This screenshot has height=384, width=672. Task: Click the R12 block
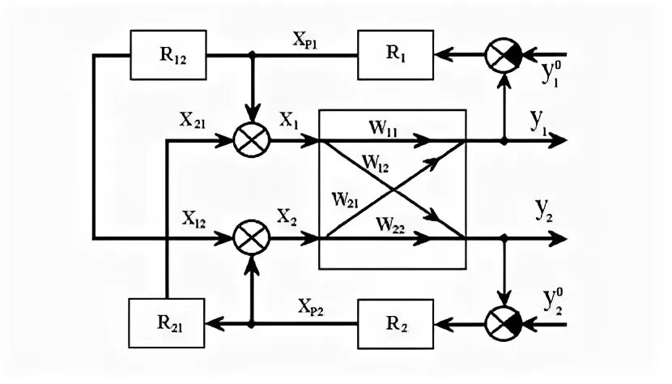pyautogui.click(x=168, y=55)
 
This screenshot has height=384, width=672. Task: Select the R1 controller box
pyautogui.click(x=396, y=55)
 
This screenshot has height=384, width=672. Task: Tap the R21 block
pyautogui.click(x=167, y=323)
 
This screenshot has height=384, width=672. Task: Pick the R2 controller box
pyautogui.click(x=396, y=324)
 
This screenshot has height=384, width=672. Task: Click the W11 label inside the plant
pyautogui.click(x=383, y=128)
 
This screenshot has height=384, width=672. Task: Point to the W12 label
pyautogui.click(x=376, y=163)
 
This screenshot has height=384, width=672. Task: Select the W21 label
pyautogui.click(x=346, y=199)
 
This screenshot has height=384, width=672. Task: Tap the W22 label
pyautogui.click(x=390, y=224)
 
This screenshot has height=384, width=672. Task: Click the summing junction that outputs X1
pyautogui.click(x=252, y=140)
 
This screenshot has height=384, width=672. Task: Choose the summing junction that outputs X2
pyautogui.click(x=252, y=237)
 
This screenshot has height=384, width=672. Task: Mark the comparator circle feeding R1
pyautogui.click(x=504, y=55)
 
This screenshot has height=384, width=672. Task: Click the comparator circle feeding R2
pyautogui.click(x=504, y=323)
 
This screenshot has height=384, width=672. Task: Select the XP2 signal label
pyautogui.click(x=311, y=307)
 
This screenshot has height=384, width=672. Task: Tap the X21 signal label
pyautogui.click(x=193, y=120)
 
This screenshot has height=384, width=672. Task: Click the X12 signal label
pyautogui.click(x=194, y=219)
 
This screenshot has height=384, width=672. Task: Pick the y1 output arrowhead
pyautogui.click(x=558, y=140)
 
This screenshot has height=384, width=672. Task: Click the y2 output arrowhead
pyautogui.click(x=558, y=237)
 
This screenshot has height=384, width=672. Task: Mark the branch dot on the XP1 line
pyautogui.click(x=252, y=54)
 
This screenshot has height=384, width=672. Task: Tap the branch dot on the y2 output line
pyautogui.click(x=504, y=237)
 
